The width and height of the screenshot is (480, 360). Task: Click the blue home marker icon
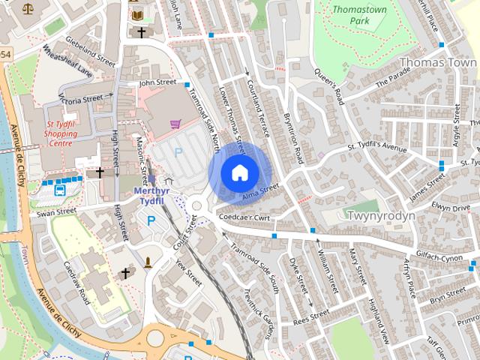click(239, 172)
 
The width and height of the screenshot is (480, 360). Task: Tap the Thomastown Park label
click(358, 16)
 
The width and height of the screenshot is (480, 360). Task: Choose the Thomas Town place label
click(439, 63)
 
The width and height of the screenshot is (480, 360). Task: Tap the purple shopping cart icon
click(175, 124)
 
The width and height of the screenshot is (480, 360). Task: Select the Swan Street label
click(57, 212)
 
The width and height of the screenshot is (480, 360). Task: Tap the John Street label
click(157, 82)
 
